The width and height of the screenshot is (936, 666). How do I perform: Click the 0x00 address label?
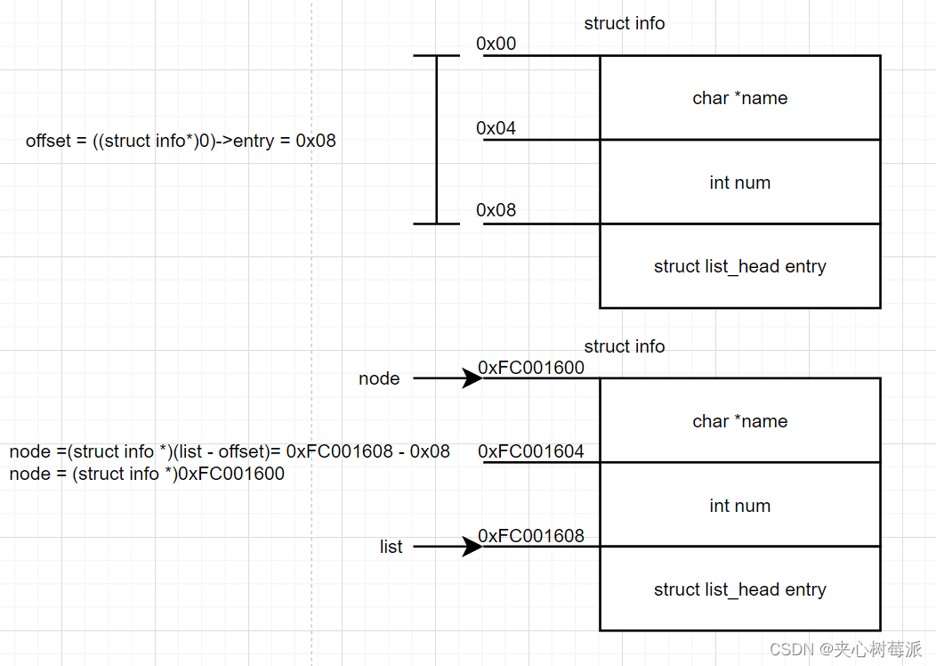pyautogui.click(x=496, y=44)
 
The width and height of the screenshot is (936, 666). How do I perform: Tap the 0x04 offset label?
pyautogui.click(x=496, y=128)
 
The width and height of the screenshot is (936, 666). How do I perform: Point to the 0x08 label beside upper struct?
pyautogui.click(x=496, y=210)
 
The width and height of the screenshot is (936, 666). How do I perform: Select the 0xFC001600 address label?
pyautogui.click(x=531, y=368)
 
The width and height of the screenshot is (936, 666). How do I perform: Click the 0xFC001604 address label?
pyautogui.click(x=531, y=451)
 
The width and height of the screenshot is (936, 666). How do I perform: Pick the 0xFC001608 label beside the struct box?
pyautogui.click(x=531, y=536)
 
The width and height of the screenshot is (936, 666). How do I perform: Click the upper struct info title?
pyautogui.click(x=624, y=23)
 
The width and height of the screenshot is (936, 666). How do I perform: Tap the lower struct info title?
pyautogui.click(x=624, y=346)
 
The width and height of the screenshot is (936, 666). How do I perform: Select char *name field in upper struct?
pyautogui.click(x=739, y=98)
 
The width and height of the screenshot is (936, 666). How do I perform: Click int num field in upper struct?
pyautogui.click(x=739, y=183)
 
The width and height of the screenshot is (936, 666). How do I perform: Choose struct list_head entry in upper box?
pyautogui.click(x=739, y=266)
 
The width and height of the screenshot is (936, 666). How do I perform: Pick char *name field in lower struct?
pyautogui.click(x=739, y=421)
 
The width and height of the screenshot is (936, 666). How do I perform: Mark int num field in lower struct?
pyautogui.click(x=739, y=506)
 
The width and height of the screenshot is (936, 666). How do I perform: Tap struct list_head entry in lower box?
pyautogui.click(x=739, y=589)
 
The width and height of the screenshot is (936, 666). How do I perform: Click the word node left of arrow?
pyautogui.click(x=379, y=378)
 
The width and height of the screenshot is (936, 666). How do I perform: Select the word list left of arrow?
pyautogui.click(x=391, y=547)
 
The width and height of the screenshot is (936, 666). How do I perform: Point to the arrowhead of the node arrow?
pyautogui.click(x=472, y=378)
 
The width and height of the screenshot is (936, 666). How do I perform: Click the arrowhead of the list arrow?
pyautogui.click(x=472, y=547)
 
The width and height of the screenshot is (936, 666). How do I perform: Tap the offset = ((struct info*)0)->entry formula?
pyautogui.click(x=181, y=141)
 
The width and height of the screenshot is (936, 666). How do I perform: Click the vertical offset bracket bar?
pyautogui.click(x=437, y=140)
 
